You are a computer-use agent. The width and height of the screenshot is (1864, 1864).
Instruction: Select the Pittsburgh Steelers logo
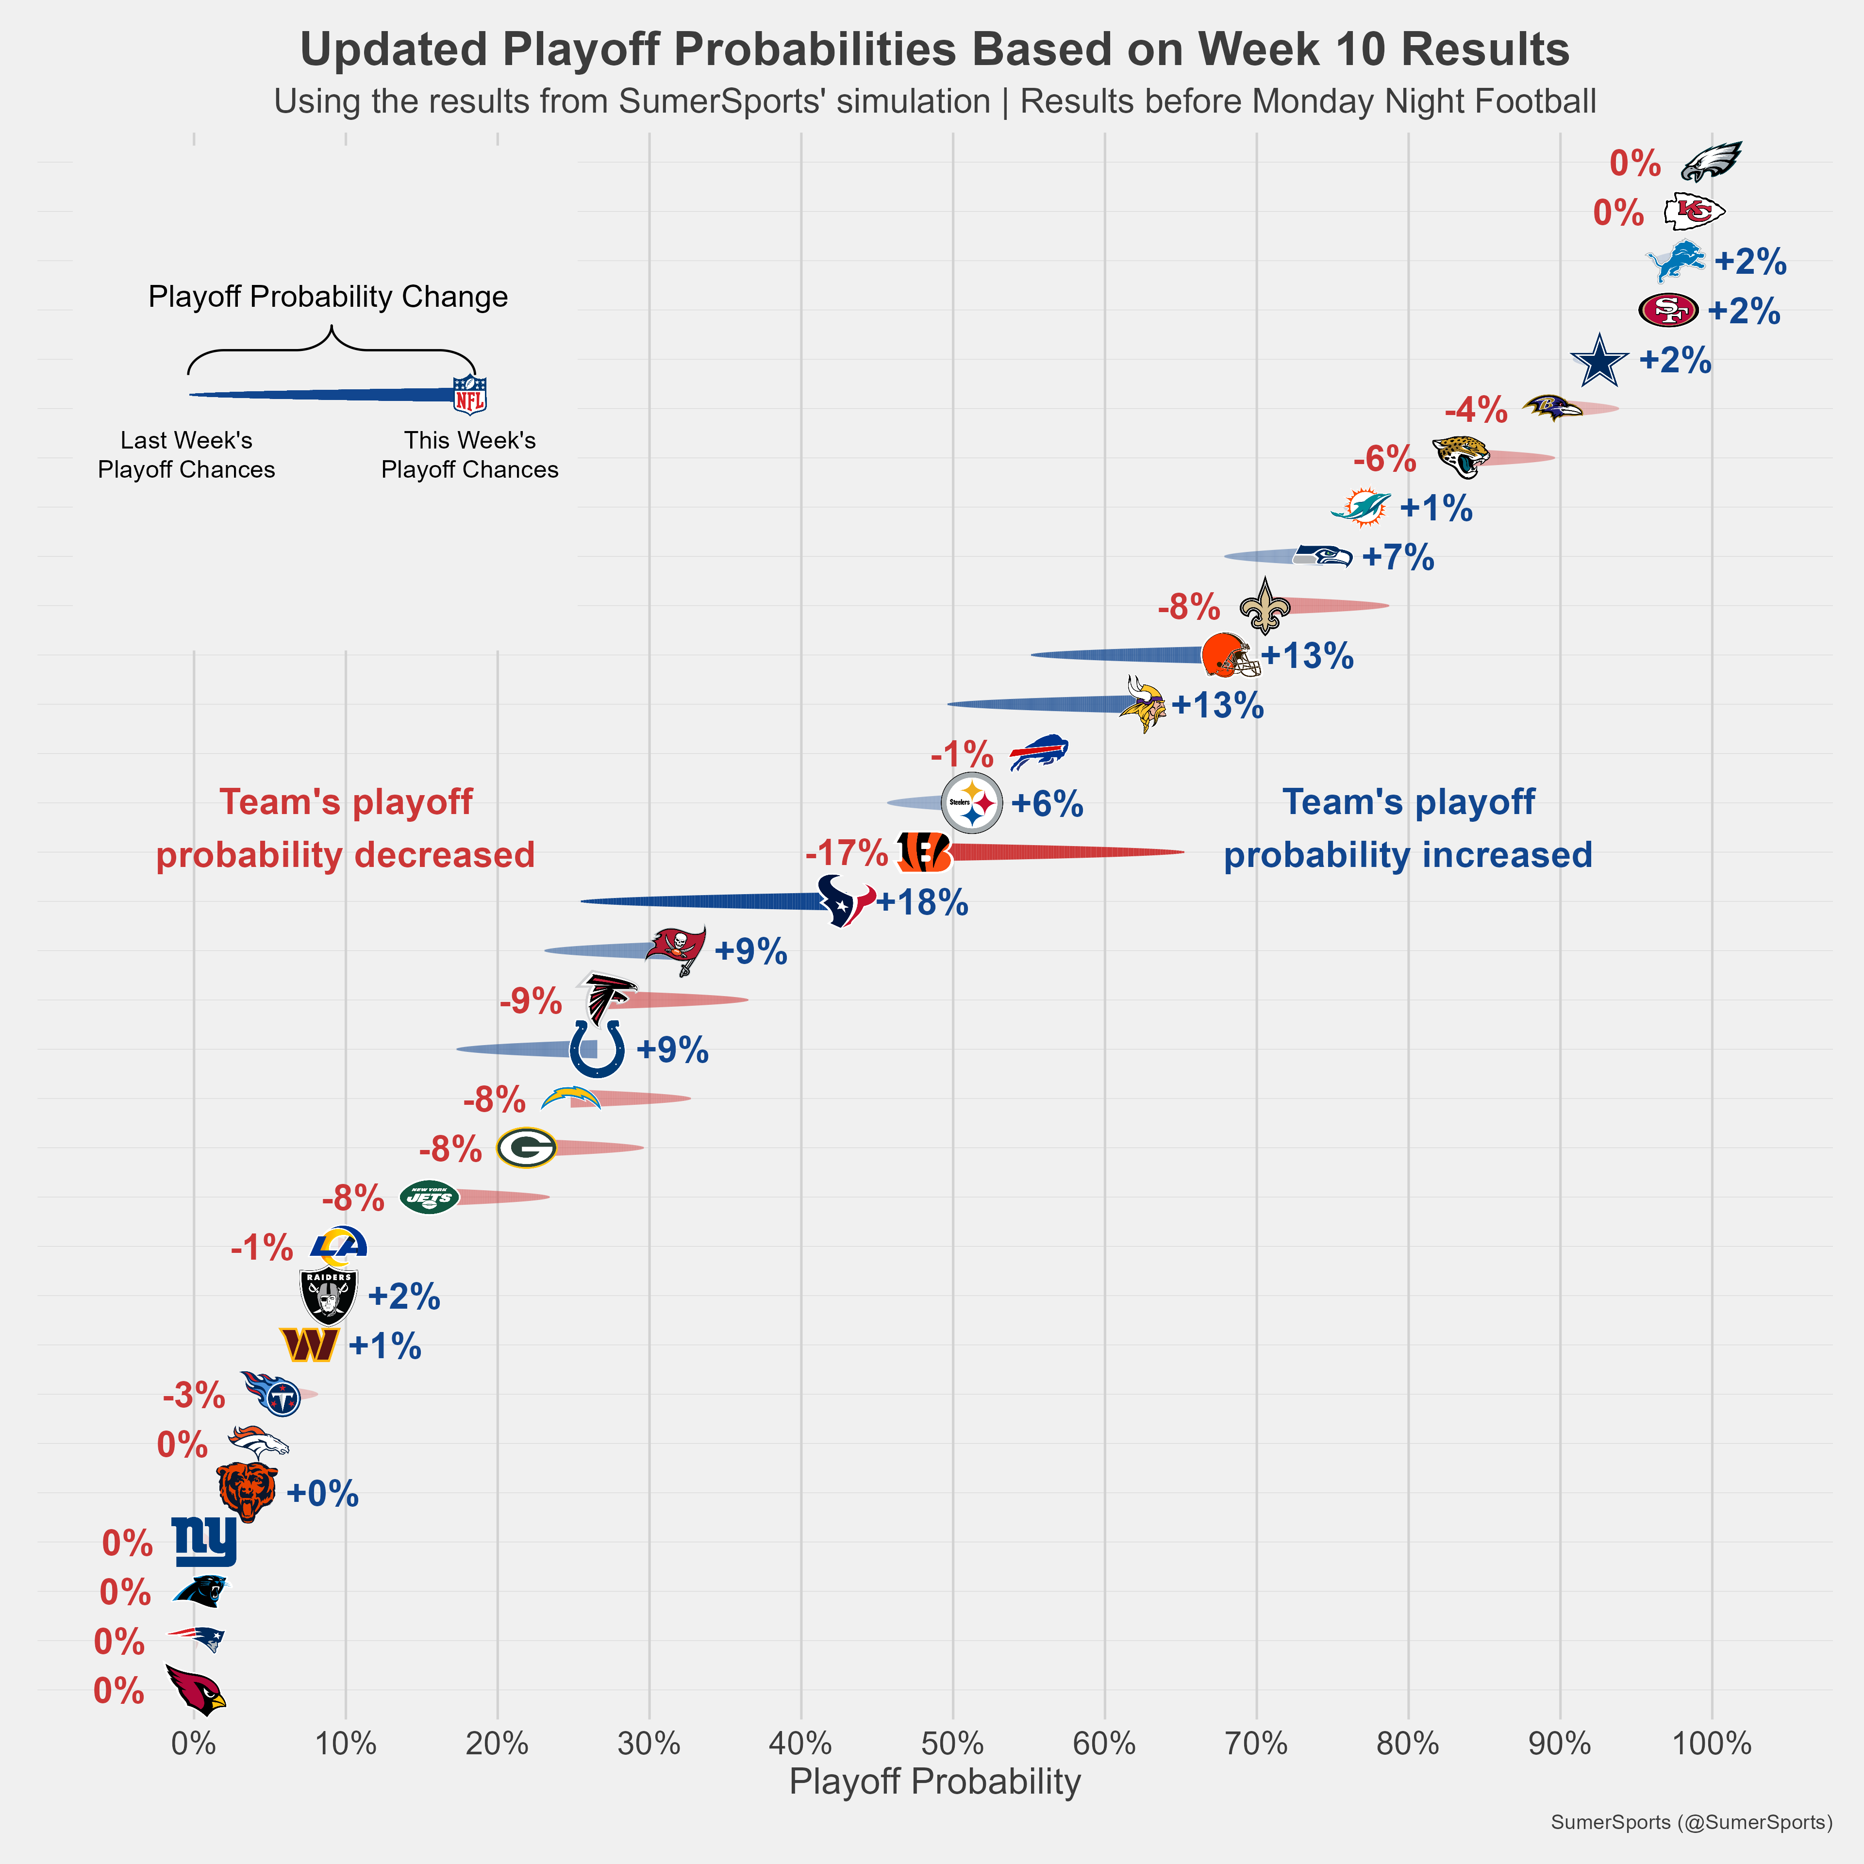point(971,803)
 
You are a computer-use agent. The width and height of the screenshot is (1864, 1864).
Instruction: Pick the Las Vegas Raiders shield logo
point(329,1296)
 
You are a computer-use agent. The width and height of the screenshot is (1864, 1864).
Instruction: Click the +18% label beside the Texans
point(922,902)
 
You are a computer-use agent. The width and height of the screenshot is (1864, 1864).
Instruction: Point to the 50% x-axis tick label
point(952,1744)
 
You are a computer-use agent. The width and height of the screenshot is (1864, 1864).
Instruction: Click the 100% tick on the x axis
point(1712,1744)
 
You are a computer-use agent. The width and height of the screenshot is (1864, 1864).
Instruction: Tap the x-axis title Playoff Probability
point(934,1782)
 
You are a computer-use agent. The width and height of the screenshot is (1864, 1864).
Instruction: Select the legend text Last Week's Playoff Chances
point(186,454)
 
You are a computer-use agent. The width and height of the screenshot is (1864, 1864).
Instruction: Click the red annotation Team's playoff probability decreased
point(346,828)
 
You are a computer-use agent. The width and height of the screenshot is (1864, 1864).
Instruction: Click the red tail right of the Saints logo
point(1341,606)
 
